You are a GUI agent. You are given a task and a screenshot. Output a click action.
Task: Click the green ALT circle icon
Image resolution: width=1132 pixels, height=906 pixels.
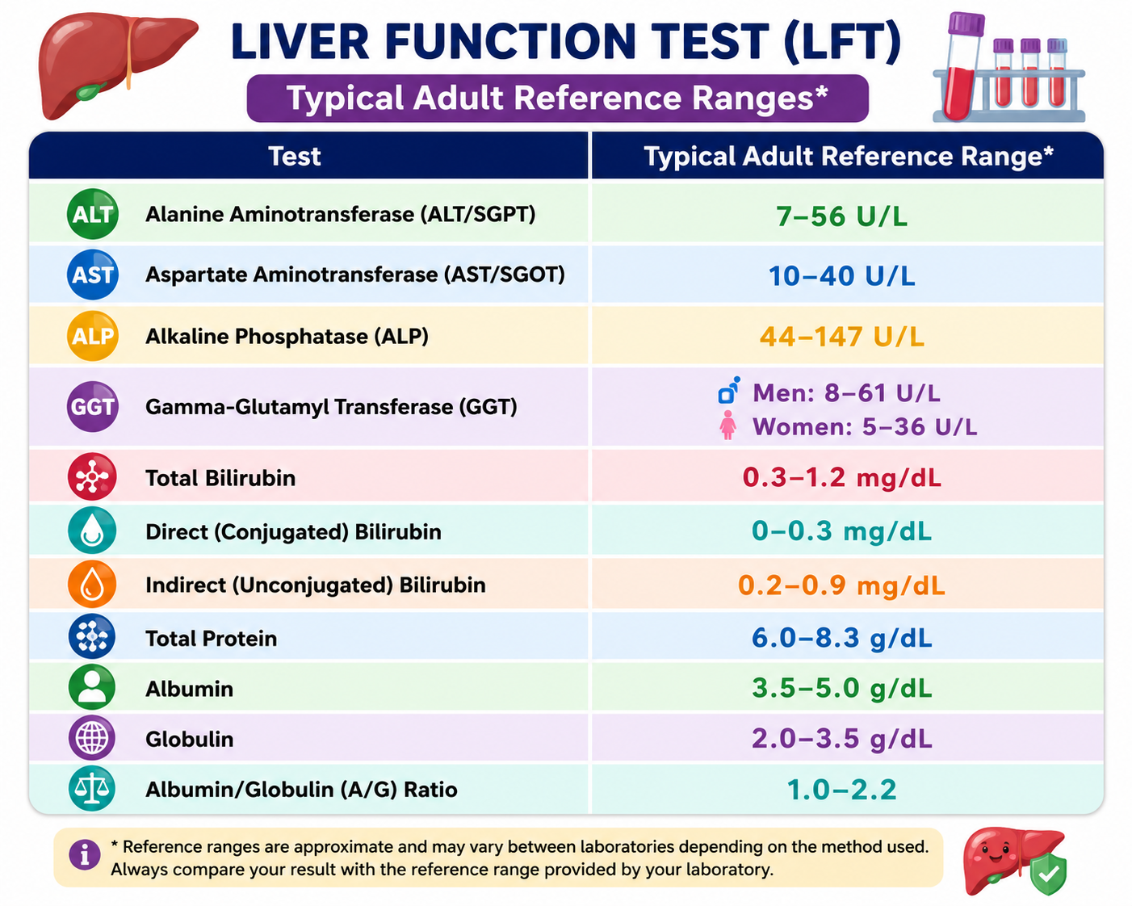(x=93, y=214)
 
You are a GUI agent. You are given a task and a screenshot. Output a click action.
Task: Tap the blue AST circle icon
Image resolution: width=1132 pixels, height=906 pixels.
(x=93, y=274)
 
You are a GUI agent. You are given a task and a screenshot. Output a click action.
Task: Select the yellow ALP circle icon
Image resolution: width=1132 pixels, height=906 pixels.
(x=93, y=336)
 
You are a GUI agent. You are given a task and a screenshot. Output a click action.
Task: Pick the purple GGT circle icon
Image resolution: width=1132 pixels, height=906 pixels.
(x=93, y=406)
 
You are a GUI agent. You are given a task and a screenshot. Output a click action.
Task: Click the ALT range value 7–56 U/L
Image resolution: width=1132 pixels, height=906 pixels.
(x=841, y=216)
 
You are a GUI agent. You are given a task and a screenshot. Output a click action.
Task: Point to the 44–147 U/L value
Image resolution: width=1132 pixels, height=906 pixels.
(x=841, y=336)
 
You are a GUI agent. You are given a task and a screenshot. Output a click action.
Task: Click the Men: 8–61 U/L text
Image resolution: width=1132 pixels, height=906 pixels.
(x=846, y=392)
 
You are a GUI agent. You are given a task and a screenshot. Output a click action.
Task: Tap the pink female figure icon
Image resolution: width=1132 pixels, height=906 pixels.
(x=728, y=425)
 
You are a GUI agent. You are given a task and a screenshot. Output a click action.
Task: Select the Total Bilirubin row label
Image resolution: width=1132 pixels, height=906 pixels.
(x=220, y=478)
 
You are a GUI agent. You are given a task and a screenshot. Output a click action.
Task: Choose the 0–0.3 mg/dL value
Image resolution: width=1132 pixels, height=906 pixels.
(x=841, y=531)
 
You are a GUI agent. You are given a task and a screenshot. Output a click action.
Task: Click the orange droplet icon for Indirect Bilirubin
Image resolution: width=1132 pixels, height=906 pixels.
(x=92, y=584)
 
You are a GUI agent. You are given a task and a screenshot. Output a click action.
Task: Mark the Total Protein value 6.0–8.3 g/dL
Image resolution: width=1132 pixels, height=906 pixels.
(x=841, y=638)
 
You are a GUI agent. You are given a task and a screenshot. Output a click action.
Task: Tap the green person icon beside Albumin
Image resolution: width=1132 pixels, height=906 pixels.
(x=92, y=687)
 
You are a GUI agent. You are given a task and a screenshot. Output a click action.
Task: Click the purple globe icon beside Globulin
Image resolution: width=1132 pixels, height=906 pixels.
(x=92, y=737)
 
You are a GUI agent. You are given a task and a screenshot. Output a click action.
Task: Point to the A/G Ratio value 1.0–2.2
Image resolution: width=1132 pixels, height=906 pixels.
(x=841, y=789)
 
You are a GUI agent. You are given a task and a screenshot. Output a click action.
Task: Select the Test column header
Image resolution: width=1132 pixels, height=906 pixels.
(x=295, y=156)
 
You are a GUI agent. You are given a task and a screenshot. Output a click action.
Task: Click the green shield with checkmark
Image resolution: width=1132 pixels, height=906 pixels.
(x=1048, y=874)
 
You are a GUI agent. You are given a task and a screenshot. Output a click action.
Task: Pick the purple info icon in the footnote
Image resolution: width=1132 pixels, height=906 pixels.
(x=85, y=854)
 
